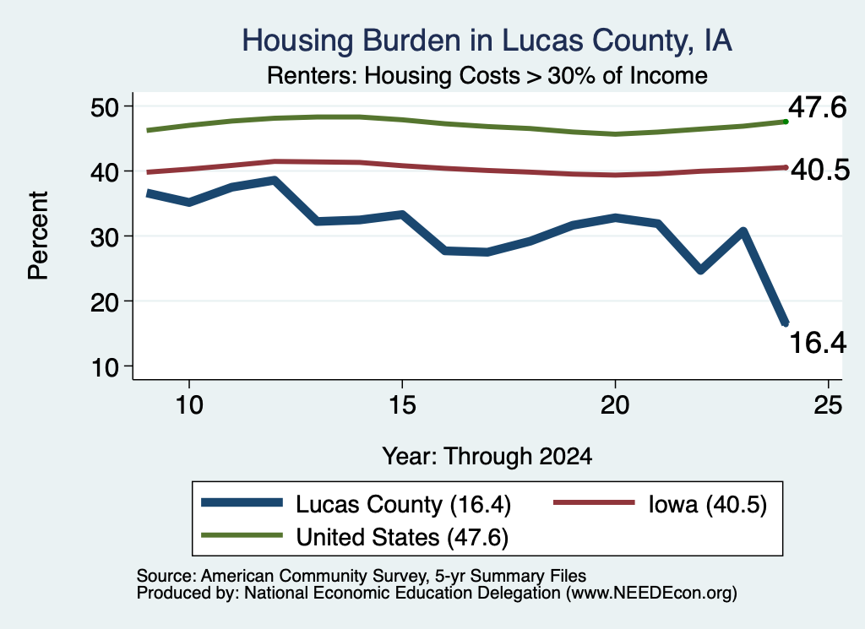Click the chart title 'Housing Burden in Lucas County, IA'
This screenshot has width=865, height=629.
pyautogui.click(x=487, y=41)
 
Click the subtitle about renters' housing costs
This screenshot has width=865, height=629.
pyautogui.click(x=487, y=75)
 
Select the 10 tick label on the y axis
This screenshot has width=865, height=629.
pyautogui.click(x=105, y=366)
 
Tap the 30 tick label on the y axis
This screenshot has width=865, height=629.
pyautogui.click(x=105, y=236)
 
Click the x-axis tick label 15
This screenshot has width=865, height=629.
pyautogui.click(x=402, y=405)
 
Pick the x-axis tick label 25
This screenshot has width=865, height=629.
pyautogui.click(x=828, y=405)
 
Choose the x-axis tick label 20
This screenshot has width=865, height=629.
pyautogui.click(x=615, y=405)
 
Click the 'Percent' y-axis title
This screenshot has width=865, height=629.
pyautogui.click(x=38, y=236)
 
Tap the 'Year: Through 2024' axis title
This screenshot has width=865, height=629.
pyautogui.click(x=487, y=457)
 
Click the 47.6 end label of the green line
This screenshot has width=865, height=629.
pyautogui.click(x=817, y=107)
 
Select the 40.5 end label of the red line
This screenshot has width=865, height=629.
pyautogui.click(x=820, y=171)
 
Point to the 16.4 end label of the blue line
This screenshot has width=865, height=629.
pyautogui.click(x=818, y=342)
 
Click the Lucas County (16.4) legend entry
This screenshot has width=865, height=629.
pyautogui.click(x=356, y=504)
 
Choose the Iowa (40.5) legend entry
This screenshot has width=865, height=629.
pyautogui.click(x=660, y=504)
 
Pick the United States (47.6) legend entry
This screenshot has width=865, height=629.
pyautogui.click(x=355, y=537)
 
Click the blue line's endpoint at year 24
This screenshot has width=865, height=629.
pyautogui.click(x=785, y=323)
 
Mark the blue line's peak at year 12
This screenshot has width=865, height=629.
pyautogui.click(x=274, y=181)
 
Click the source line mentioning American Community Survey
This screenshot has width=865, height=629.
pyautogui.click(x=362, y=576)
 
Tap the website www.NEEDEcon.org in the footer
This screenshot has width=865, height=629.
pyautogui.click(x=651, y=594)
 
